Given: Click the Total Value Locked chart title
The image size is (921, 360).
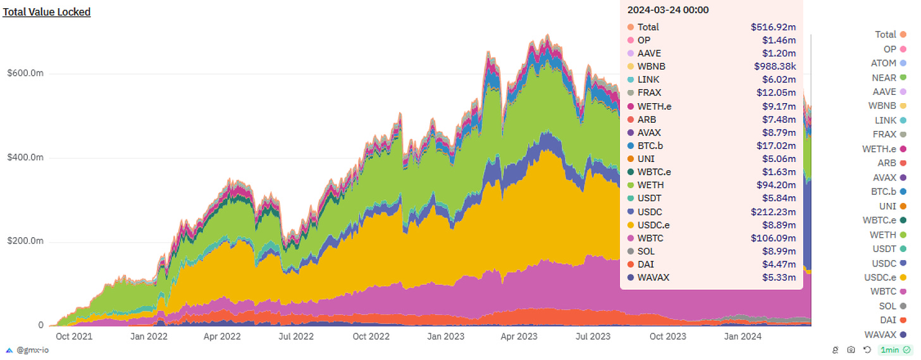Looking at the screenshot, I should [47, 12].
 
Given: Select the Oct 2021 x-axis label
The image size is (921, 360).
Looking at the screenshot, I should [74, 337].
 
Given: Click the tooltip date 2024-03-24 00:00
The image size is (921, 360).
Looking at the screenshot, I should [667, 9].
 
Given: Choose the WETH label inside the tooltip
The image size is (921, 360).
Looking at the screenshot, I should [650, 185].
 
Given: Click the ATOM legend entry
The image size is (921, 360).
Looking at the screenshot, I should [884, 63].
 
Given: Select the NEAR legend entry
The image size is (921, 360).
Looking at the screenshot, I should [884, 78].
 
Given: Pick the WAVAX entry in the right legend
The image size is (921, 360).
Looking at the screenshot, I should [880, 335].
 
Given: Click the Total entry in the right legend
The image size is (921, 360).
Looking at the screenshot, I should [886, 35].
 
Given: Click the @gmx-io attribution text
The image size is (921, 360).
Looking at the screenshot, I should [33, 350].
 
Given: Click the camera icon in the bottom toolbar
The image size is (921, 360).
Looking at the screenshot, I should [851, 350].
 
